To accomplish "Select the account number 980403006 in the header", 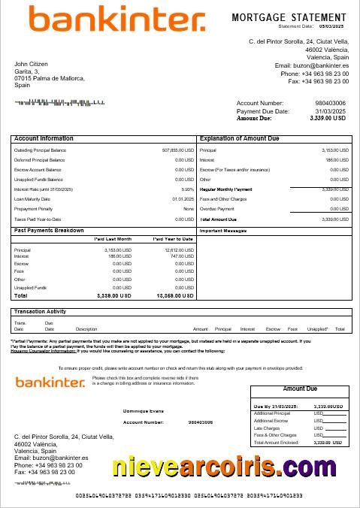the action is click(330, 103).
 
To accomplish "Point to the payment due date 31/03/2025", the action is click(331, 111).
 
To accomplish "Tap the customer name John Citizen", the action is click(32, 64).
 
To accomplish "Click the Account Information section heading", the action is click(44, 139).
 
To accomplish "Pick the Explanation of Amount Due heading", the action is click(239, 139).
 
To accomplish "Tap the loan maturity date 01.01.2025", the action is click(183, 199).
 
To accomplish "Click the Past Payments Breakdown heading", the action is click(49, 230).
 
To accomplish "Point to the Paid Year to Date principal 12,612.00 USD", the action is click(179, 249).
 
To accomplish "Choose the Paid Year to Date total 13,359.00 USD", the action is click(175, 296).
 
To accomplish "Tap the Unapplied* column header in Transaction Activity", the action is click(318, 329).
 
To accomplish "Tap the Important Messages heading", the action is click(223, 231).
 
